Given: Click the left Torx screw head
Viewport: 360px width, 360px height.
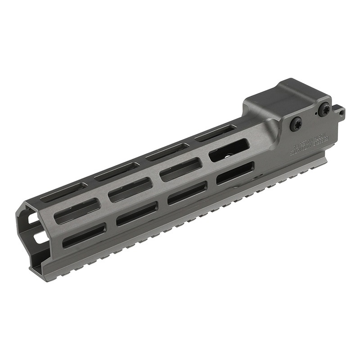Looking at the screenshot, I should point(296,125).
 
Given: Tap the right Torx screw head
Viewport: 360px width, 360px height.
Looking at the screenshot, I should point(324,109).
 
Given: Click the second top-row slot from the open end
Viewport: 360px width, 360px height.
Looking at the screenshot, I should point(117,172).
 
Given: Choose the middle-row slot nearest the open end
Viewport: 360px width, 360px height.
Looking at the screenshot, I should point(76,211).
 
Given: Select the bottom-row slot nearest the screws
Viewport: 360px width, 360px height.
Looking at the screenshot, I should point(235,173).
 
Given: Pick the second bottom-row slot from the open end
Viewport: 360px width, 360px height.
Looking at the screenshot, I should point(137,213).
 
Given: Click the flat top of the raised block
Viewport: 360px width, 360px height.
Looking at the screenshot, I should point(288,97).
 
